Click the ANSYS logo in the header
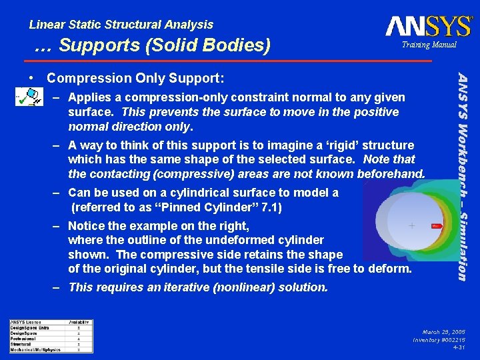(428, 26)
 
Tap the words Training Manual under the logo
(429, 45)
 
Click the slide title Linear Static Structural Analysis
(121, 25)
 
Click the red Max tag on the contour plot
(437, 227)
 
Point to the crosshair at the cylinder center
(412, 226)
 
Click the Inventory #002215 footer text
(439, 339)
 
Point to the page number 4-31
(459, 347)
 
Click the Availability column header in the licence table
(79, 323)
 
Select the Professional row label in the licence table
(23, 339)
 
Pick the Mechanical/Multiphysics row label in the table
(35, 349)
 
